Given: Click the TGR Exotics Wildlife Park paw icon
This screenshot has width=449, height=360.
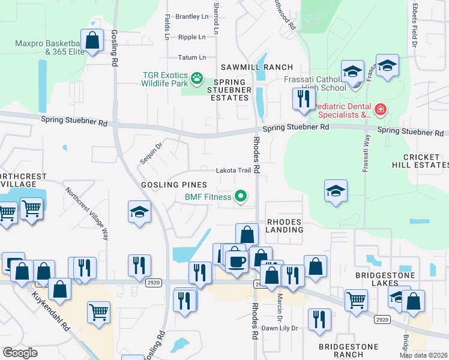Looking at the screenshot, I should (196, 77).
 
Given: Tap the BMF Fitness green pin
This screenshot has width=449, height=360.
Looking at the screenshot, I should (241, 197).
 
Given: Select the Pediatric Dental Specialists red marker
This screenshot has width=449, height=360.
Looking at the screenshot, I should (380, 110).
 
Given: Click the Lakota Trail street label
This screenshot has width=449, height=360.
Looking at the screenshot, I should (234, 170).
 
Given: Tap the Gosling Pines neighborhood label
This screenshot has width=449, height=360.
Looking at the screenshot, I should (174, 185).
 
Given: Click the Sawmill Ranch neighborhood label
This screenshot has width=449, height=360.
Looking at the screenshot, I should (256, 67).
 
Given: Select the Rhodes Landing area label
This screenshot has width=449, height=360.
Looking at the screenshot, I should (285, 226).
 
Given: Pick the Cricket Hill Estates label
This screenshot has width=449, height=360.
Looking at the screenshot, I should (425, 161).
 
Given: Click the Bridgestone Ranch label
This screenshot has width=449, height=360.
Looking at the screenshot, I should (349, 351).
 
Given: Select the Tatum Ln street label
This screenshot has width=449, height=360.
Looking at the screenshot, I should (192, 58).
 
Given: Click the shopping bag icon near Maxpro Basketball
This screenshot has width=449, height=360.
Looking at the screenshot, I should (92, 41).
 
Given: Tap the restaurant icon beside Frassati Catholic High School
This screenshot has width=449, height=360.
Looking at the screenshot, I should (304, 98).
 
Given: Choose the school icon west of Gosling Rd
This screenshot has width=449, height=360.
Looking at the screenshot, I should (139, 212).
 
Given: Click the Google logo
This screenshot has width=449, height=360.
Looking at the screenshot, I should (20, 353).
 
